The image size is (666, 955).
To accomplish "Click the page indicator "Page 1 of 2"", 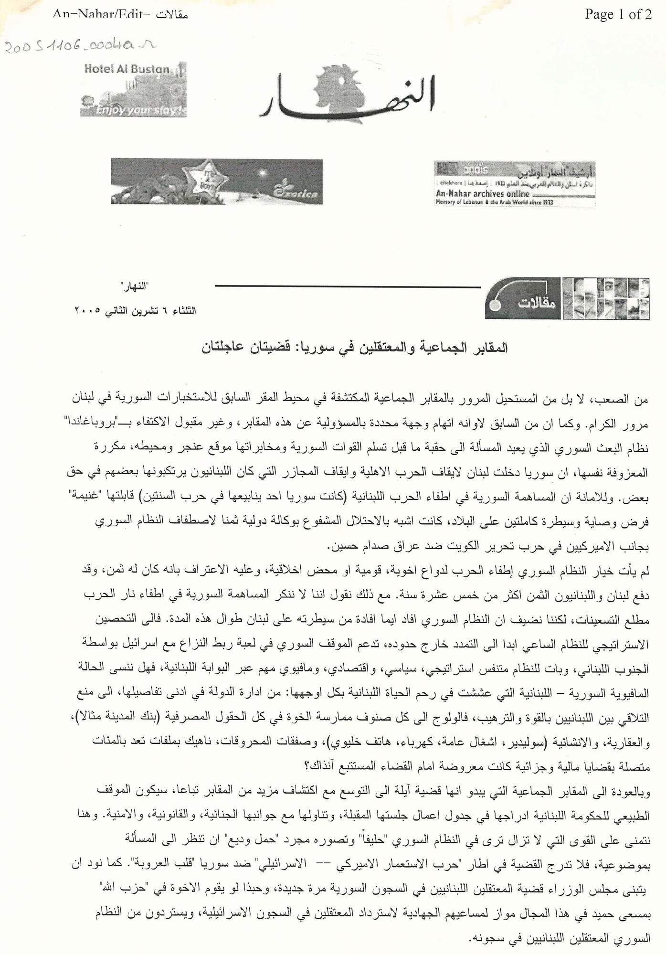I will pyautogui.click(x=618, y=15).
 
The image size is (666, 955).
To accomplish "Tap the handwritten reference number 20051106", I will pyautogui.click(x=79, y=46).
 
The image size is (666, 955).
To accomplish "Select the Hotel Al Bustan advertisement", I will pyautogui.click(x=133, y=89).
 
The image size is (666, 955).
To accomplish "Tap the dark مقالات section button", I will pyautogui.click(x=523, y=298).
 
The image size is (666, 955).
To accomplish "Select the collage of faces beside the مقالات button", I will pyautogui.click(x=606, y=298).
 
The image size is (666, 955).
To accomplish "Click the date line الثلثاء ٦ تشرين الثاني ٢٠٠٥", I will pyautogui.click(x=135, y=311).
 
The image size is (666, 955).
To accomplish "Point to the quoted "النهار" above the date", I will pyautogui.click(x=135, y=286).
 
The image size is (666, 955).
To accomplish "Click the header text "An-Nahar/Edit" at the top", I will pyautogui.click(x=99, y=15).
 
